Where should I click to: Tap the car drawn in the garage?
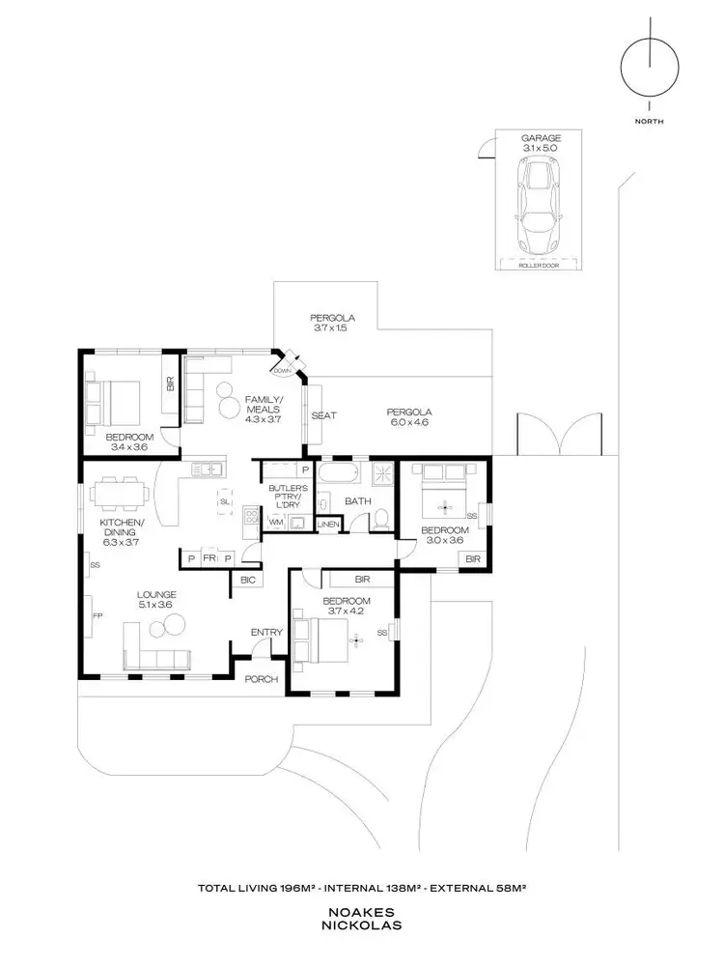tap(541, 204)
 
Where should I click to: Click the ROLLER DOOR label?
tap(541, 263)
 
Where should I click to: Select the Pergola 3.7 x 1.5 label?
tap(334, 324)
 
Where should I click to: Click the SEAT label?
tap(323, 415)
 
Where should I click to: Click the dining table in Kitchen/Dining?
tap(120, 493)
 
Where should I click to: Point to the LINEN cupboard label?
tap(329, 525)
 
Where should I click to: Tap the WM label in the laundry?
tap(275, 522)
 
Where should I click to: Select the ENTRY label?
tap(266, 632)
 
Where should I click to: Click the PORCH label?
tap(261, 679)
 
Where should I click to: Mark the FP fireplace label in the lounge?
tap(96, 614)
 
